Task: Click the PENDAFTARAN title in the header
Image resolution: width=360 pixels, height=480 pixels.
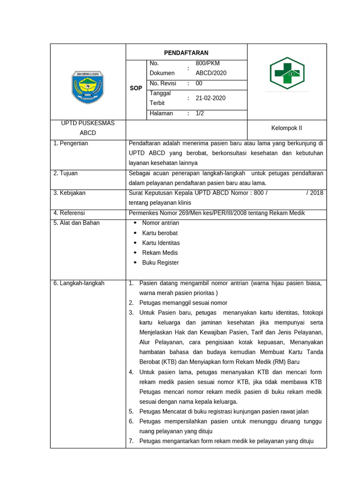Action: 186,52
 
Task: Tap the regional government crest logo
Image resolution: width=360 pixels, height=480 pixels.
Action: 88,87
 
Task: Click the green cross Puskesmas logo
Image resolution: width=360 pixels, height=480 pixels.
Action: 286,73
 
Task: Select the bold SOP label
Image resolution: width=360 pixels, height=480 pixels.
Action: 136,88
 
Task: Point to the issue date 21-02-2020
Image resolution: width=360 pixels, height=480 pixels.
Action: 210,98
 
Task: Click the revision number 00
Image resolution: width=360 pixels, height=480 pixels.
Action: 199,83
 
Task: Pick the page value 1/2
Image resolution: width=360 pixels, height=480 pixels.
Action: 200,113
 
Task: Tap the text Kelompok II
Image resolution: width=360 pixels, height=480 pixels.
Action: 286,128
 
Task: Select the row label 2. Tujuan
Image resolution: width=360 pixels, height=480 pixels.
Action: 66,173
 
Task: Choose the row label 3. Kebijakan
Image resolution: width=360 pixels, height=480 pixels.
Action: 69,193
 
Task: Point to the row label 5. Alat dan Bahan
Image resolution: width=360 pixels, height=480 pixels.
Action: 76,223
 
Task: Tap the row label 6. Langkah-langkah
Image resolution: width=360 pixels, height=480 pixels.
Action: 79,283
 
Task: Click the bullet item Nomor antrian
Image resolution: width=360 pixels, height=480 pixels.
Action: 160,223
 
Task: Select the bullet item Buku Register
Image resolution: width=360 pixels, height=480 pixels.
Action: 160,262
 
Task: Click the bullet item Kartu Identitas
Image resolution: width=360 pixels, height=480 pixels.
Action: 161,243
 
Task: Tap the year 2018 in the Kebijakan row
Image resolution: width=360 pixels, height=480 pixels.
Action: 316,193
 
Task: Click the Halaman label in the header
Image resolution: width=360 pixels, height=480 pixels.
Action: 161,113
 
